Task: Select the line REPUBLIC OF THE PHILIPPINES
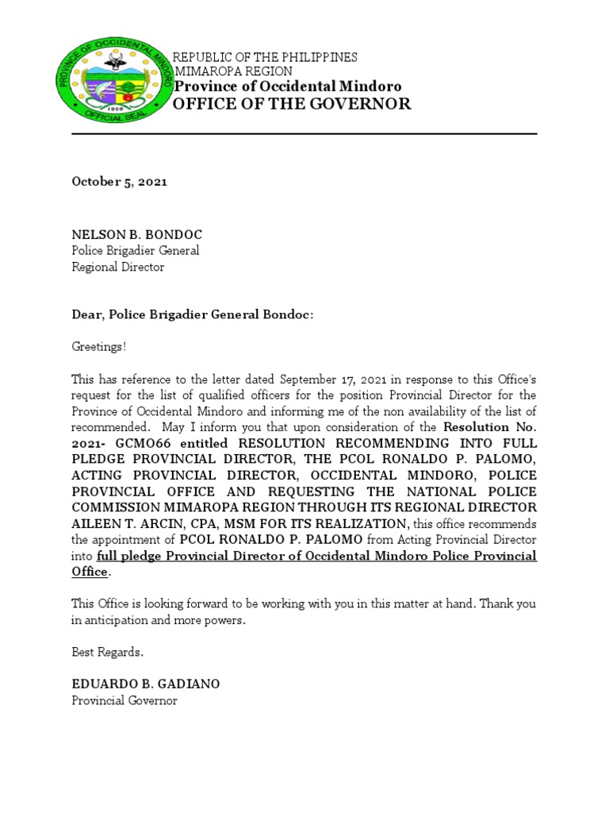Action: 265,57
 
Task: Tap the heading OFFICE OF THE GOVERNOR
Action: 292,104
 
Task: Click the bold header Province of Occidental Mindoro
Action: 287,87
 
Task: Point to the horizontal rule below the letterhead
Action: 304,134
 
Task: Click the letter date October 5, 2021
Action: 119,182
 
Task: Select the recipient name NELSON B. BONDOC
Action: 136,235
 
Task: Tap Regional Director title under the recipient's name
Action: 117,267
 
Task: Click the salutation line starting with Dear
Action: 193,315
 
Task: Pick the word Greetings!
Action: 98,347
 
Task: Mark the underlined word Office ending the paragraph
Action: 90,572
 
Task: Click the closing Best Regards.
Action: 108,652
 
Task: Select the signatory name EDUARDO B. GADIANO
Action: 146,684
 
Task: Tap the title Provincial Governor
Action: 124,700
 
